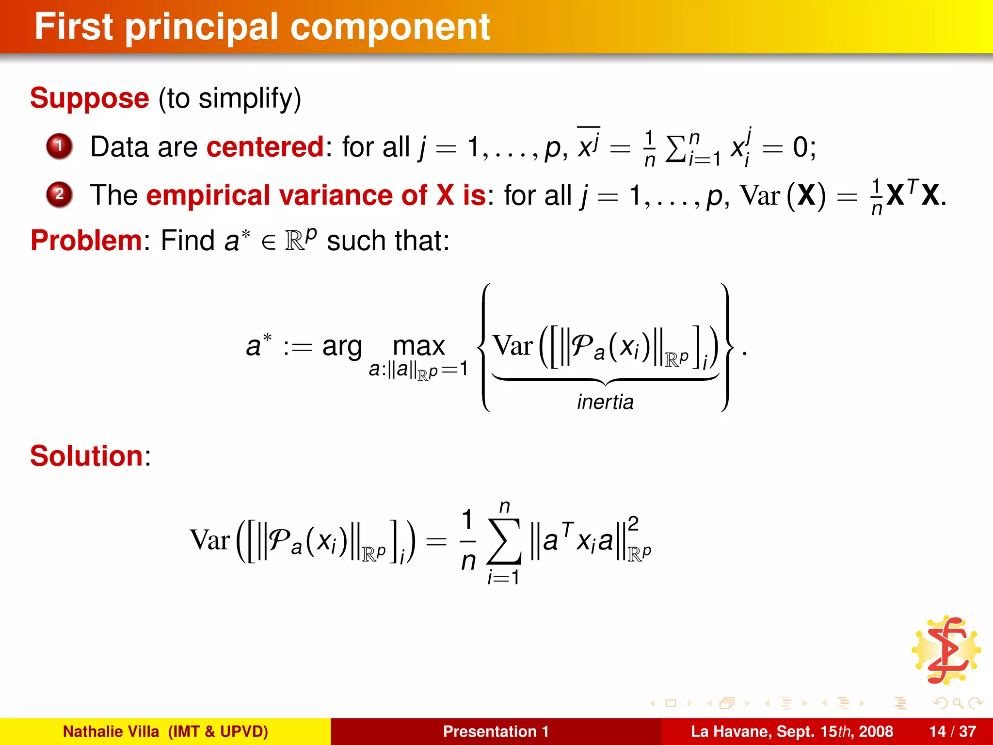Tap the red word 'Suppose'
pyautogui.click(x=90, y=98)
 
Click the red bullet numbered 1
pyautogui.click(x=59, y=146)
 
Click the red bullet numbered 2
pyautogui.click(x=59, y=194)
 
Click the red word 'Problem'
pyautogui.click(x=86, y=240)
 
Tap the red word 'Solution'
pyautogui.click(x=87, y=456)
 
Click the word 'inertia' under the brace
pyautogui.click(x=605, y=402)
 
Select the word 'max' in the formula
pyautogui.click(x=418, y=346)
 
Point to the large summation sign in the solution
pyautogui.click(x=505, y=541)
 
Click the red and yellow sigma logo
pyautogui.click(x=946, y=650)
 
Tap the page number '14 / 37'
pyautogui.click(x=952, y=731)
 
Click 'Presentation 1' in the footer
pyautogui.click(x=496, y=731)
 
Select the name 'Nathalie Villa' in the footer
pyautogui.click(x=111, y=731)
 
